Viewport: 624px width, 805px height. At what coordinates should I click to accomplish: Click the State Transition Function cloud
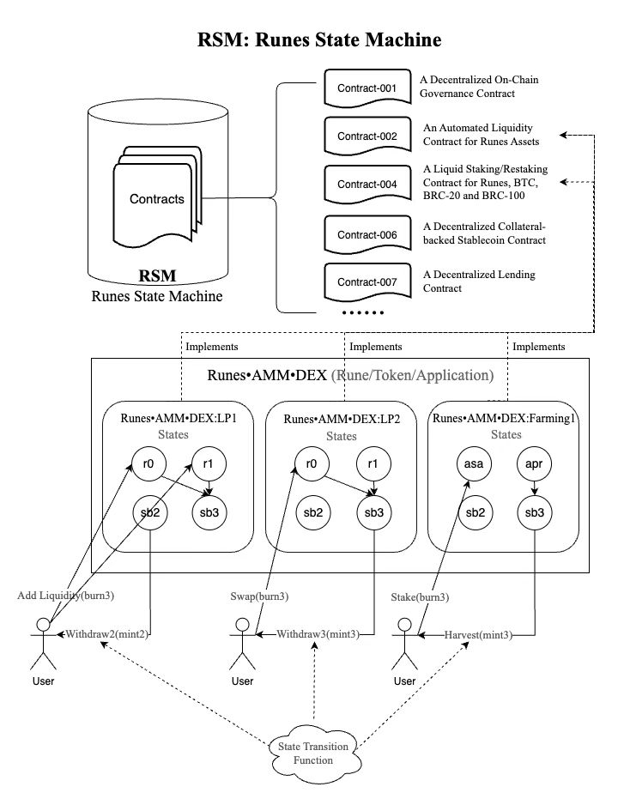click(313, 753)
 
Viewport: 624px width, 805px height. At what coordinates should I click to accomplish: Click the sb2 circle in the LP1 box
click(148, 512)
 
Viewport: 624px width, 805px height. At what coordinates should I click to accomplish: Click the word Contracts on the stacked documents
click(156, 199)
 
